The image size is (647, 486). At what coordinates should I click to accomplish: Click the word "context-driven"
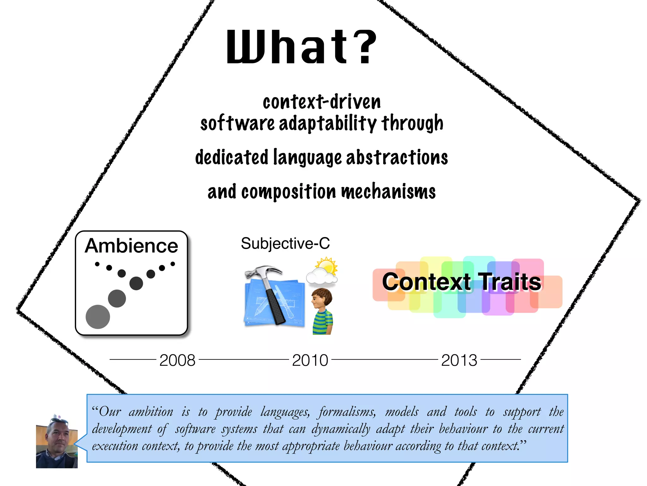[x=322, y=102]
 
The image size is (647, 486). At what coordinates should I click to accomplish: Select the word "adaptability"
[x=328, y=123]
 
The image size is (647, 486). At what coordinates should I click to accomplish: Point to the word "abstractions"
[x=397, y=157]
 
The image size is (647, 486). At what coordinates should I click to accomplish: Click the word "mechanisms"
[x=388, y=192]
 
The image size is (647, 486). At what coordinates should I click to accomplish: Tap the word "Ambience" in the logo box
[x=131, y=246]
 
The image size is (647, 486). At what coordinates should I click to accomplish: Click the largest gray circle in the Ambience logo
[x=98, y=317]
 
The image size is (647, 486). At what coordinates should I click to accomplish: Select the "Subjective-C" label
[x=285, y=244]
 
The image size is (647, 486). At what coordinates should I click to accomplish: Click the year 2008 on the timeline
[x=177, y=360]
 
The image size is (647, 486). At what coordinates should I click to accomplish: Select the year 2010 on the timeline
[x=310, y=360]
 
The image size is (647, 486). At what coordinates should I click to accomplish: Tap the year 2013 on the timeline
[x=459, y=360]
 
